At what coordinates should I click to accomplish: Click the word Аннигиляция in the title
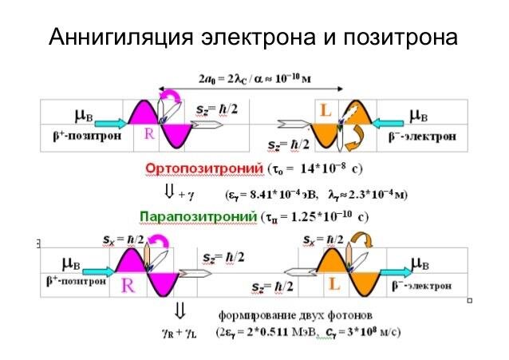118,38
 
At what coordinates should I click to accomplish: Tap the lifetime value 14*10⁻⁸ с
328,169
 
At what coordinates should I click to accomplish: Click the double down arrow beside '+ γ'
168,192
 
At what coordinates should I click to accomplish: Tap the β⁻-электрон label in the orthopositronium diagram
427,136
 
